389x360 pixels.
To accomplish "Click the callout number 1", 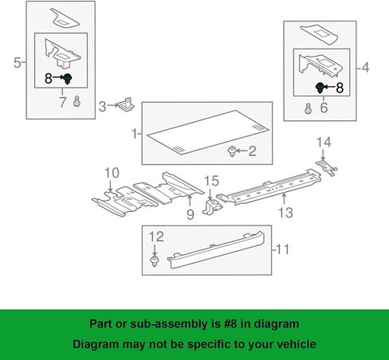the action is [x=135, y=134].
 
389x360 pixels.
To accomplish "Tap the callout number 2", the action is [x=252, y=151].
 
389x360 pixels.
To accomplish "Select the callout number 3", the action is [x=102, y=107].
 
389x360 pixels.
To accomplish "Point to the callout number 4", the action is [x=366, y=67].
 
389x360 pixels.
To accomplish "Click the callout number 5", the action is [x=18, y=63].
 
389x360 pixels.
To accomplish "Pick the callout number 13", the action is [x=285, y=213].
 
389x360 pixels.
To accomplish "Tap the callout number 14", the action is [x=324, y=143].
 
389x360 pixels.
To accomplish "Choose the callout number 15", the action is [x=211, y=181].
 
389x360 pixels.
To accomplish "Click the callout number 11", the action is [x=283, y=249].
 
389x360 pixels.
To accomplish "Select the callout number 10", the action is [x=112, y=173].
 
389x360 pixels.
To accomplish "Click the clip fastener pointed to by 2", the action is [x=232, y=151].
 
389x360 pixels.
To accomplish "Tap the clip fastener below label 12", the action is [x=155, y=261].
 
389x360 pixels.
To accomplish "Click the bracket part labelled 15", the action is [x=211, y=208].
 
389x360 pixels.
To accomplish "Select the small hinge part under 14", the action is [x=326, y=167].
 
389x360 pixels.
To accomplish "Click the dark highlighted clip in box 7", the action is [x=68, y=79].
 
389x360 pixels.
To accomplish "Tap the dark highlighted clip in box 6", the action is [x=320, y=88].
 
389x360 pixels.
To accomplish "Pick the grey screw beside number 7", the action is [x=77, y=101].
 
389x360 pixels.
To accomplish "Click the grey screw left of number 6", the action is [x=308, y=109].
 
